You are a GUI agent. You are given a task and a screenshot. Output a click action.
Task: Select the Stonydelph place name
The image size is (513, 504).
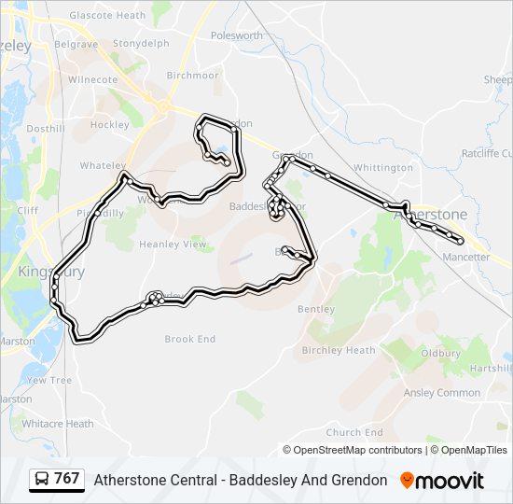[x=141, y=43]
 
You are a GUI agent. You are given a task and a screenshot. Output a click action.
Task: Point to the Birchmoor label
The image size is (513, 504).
[x=192, y=76]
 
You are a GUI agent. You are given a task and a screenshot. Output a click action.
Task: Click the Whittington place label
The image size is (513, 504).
[x=382, y=168]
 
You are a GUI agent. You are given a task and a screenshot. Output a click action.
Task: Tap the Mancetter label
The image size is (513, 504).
[x=465, y=257]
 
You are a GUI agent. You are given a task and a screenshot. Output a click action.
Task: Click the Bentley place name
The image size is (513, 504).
[x=315, y=309]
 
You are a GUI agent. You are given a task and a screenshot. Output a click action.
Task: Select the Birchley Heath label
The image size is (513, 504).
[x=339, y=351]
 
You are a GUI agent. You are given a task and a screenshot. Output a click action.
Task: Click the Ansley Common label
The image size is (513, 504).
[x=441, y=393]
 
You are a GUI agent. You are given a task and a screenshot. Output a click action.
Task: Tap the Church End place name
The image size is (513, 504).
[x=354, y=432]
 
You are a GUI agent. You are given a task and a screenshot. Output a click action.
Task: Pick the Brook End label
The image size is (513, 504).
[x=189, y=339]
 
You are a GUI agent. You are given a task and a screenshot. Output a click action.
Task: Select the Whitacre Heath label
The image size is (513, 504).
[x=58, y=424]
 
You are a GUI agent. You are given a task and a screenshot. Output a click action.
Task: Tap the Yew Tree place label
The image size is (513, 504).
[x=49, y=381]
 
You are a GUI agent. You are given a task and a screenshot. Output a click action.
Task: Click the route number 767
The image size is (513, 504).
[x=67, y=479]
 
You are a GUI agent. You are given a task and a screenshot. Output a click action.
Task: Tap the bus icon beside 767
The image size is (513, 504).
[x=42, y=480]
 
